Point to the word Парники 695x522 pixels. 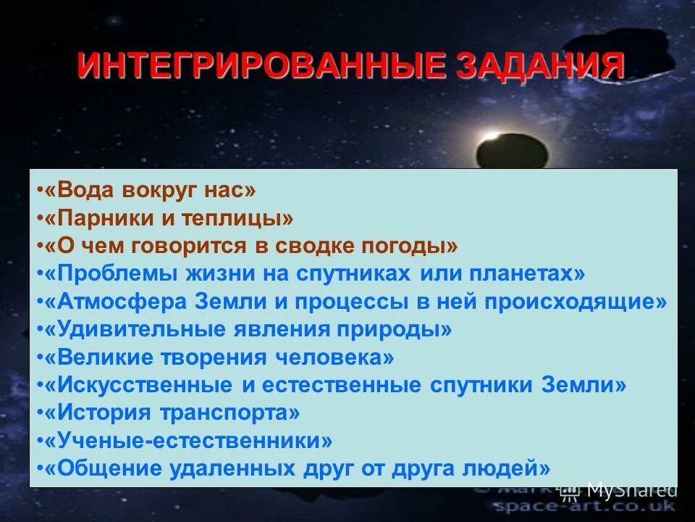pos(102,218)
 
